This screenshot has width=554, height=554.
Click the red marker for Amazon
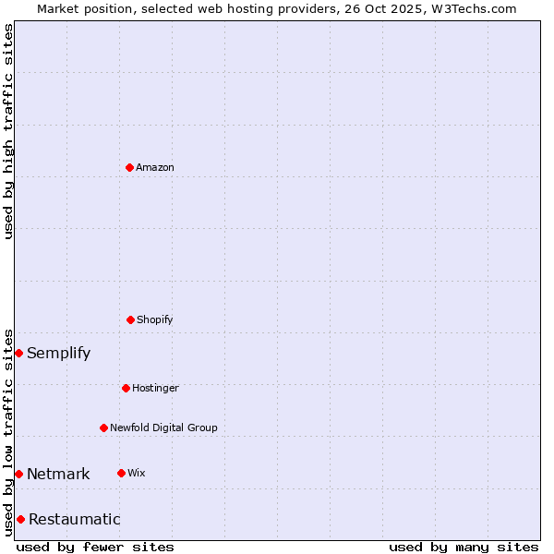pyautogui.click(x=129, y=167)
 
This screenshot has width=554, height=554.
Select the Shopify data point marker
pyautogui.click(x=130, y=319)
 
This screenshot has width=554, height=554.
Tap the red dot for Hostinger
pyautogui.click(x=126, y=388)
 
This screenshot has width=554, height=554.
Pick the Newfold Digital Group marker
pyautogui.click(x=103, y=428)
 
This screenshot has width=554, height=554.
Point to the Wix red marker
pyautogui.click(x=121, y=473)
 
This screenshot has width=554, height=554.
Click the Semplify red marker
pyautogui.click(x=18, y=353)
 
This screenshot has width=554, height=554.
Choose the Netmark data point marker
pyautogui.click(x=18, y=474)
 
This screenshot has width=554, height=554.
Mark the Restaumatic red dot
pyautogui.click(x=20, y=519)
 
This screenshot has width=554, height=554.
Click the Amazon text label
pyautogui.click(x=155, y=167)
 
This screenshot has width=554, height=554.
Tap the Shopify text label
pyautogui.click(x=155, y=319)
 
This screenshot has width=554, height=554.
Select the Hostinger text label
pyautogui.click(x=155, y=388)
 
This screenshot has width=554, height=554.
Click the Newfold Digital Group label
pyautogui.click(x=163, y=428)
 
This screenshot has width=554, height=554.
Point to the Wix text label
pyautogui.click(x=137, y=473)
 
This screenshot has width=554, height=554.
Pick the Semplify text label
pyautogui.click(x=59, y=353)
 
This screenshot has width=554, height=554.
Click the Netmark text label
pyautogui.click(x=58, y=474)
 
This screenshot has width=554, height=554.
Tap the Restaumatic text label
pyautogui.click(x=75, y=519)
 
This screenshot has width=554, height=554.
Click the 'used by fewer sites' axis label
pyautogui.click(x=95, y=547)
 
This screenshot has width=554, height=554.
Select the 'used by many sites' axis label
pyautogui.click(x=464, y=547)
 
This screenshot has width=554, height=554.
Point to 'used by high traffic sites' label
pyautogui.click(x=8, y=131)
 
